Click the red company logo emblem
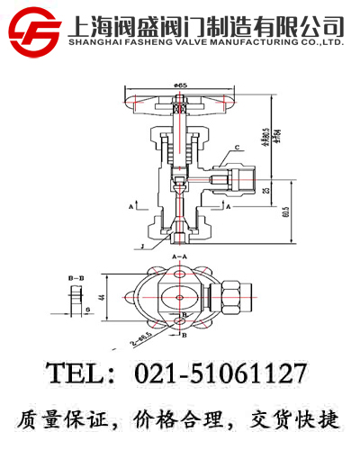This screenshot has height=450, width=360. tap(35, 29)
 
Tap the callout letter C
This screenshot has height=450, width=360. tap(237, 147)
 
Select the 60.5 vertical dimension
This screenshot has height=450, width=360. tap(286, 212)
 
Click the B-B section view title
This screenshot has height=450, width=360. tap(76, 281)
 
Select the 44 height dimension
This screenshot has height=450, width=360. tap(103, 297)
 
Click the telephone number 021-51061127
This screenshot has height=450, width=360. tap(220, 372)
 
